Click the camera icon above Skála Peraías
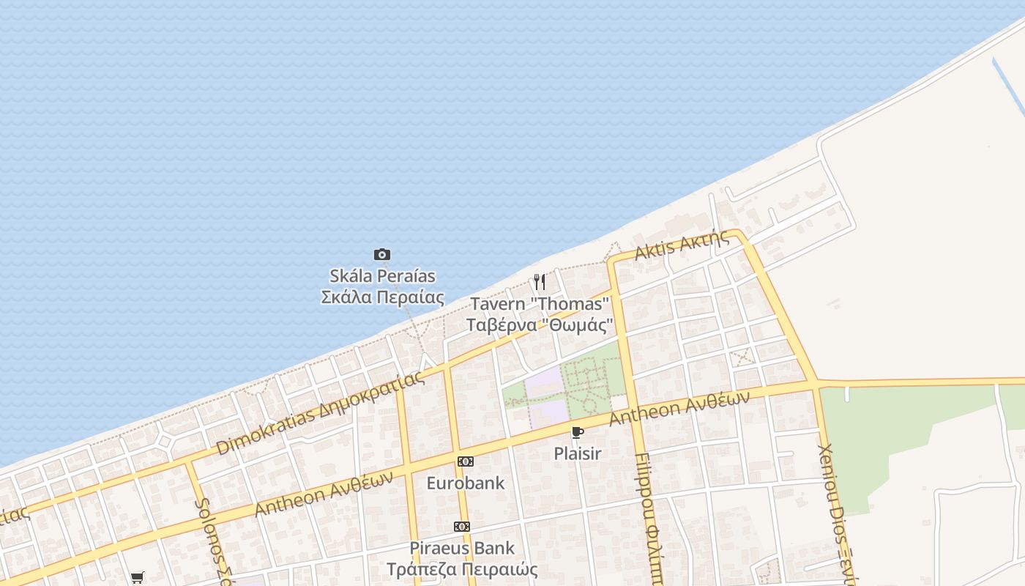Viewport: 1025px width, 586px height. pyautogui.click(x=382, y=255)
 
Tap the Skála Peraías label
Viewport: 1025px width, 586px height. pyautogui.click(x=382, y=276)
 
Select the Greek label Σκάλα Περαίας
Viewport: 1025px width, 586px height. pyautogui.click(x=382, y=297)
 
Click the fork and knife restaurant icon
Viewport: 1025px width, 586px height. pyautogui.click(x=540, y=282)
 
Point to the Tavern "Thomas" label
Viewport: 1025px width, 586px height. pyautogui.click(x=540, y=303)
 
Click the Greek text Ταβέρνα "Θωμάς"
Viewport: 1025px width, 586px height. pyautogui.click(x=539, y=324)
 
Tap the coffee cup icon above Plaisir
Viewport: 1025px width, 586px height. pyautogui.click(x=578, y=432)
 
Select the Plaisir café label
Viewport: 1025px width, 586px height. pyautogui.click(x=578, y=453)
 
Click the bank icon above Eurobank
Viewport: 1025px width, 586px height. pyautogui.click(x=466, y=461)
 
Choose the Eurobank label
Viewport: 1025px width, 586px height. pyautogui.click(x=466, y=483)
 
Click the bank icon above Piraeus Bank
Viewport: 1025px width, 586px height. pyautogui.click(x=462, y=527)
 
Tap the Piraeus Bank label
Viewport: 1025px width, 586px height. pyautogui.click(x=462, y=548)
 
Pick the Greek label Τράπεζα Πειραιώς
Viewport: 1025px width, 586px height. pyautogui.click(x=462, y=569)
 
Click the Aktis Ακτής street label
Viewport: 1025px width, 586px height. pyautogui.click(x=682, y=245)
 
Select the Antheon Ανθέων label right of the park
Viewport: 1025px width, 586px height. pyautogui.click(x=679, y=408)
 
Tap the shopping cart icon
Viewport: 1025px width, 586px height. pyautogui.click(x=138, y=577)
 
